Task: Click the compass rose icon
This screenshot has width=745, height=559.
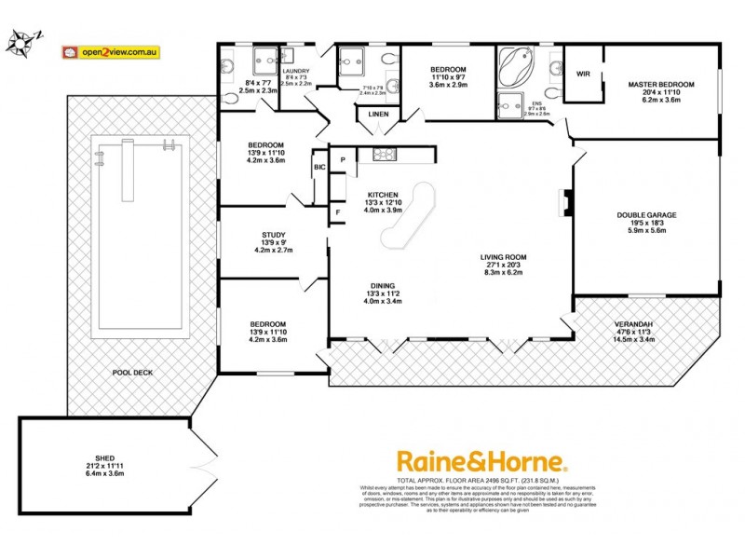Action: coord(23,42)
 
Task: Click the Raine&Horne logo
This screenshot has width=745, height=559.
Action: coord(481,461)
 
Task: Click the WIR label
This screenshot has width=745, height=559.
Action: coord(584,73)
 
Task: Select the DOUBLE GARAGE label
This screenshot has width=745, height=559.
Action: coord(646,215)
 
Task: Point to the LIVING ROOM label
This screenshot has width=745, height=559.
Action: coord(504,257)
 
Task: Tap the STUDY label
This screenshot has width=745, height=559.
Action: coord(273,235)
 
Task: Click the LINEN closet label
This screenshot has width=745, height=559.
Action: coord(378,115)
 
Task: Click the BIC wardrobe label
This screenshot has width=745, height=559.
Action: coord(319,167)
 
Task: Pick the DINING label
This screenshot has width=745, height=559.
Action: coord(382,286)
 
